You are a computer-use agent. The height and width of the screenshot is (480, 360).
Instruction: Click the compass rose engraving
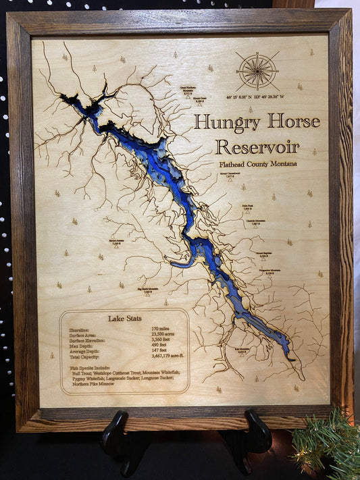[257, 70]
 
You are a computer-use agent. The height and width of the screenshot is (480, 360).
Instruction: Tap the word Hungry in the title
[225, 122]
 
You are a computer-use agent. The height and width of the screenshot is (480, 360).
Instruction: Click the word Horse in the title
[293, 122]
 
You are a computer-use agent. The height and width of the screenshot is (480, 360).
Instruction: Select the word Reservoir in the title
[257, 146]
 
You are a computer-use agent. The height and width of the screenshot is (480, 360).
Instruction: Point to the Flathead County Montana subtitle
[257, 164]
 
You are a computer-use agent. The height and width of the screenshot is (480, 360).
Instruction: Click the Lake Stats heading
[124, 318]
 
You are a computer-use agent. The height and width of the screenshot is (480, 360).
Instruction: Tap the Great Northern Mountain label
[188, 88]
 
